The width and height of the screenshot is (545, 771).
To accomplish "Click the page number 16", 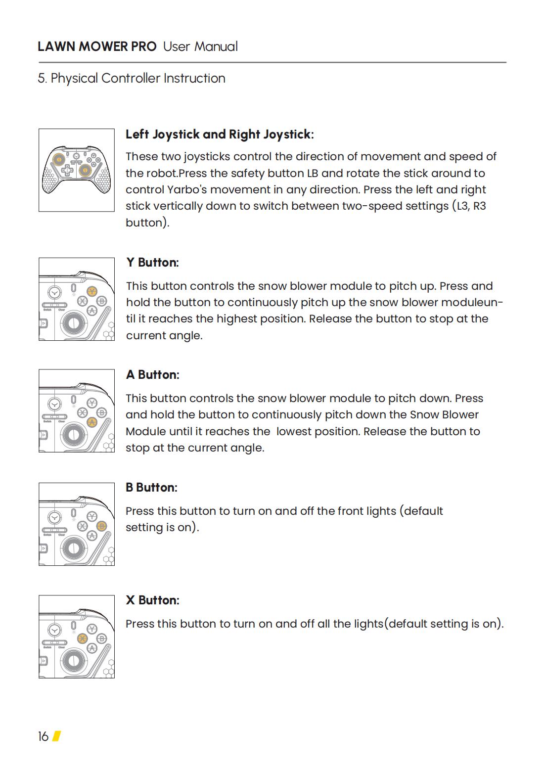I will click(x=43, y=736).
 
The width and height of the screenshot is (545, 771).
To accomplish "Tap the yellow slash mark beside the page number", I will click(x=56, y=736).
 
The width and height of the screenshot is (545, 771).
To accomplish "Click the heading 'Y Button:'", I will click(x=152, y=263).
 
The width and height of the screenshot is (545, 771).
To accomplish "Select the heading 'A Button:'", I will click(x=152, y=375).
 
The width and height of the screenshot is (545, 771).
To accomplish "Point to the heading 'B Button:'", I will click(x=151, y=488).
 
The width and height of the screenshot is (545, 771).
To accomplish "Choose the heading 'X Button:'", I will click(x=152, y=600).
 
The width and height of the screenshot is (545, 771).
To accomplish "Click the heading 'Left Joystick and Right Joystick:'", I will click(x=220, y=135).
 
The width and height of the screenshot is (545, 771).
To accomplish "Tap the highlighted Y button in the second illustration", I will click(x=92, y=291).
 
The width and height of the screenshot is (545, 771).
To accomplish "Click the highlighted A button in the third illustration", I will click(x=92, y=422).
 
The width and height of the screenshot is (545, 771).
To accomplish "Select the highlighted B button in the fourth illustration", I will click(x=102, y=526).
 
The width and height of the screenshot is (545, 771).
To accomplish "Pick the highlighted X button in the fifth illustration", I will click(x=83, y=638).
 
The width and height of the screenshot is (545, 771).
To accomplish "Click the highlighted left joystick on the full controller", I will click(x=58, y=159).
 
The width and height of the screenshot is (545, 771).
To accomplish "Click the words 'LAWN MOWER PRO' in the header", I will click(x=97, y=47).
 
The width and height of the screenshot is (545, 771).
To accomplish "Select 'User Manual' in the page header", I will click(x=200, y=47).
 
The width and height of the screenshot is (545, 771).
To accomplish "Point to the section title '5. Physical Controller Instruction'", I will click(x=132, y=79).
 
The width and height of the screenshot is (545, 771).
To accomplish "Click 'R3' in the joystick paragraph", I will click(x=479, y=206).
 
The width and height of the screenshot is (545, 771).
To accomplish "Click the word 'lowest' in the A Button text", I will click(x=293, y=432).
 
